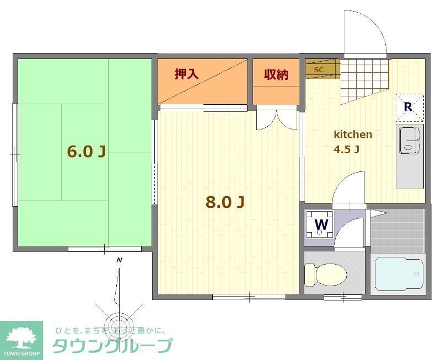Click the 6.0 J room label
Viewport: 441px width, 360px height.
coord(86,152)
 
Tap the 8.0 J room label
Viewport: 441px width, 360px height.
coord(224,202)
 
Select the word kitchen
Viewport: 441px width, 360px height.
coord(353,135)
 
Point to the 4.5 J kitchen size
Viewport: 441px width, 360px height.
coord(347,149)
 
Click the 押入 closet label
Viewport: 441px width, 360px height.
coord(186,74)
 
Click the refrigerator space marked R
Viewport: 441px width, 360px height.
coord(408,107)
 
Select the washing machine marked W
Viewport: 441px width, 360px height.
coord(321,224)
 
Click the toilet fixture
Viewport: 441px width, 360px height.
coord(326,272)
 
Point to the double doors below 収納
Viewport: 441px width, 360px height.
coord(277,120)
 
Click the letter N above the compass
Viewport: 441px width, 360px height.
coord(119,260)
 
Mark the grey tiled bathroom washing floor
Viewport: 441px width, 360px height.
coord(397,230)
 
